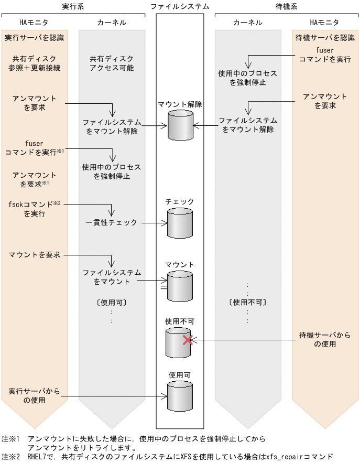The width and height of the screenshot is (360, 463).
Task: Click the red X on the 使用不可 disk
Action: click(x=187, y=340)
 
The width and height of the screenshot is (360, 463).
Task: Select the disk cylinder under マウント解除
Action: click(x=180, y=125)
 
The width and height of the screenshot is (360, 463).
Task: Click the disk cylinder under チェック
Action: click(x=180, y=223)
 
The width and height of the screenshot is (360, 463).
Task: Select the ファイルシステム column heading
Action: click(x=180, y=6)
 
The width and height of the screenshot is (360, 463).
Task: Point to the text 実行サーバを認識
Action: click(x=35, y=38)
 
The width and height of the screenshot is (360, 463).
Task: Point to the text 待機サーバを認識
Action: click(x=325, y=38)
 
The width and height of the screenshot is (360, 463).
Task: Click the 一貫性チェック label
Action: click(x=112, y=223)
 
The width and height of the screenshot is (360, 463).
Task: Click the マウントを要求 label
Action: click(x=35, y=255)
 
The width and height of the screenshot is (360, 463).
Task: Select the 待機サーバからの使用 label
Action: click(x=325, y=340)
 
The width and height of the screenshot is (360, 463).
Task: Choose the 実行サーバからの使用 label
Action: click(x=35, y=396)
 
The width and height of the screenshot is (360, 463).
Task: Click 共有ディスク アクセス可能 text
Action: click(x=112, y=63)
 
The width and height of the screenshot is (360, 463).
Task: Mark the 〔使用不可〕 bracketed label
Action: click(x=248, y=303)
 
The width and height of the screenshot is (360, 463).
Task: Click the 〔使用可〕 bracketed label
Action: click(x=112, y=303)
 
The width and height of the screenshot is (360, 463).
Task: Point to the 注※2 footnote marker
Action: click(x=10, y=456)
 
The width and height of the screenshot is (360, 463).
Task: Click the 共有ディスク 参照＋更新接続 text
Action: click(x=35, y=63)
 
